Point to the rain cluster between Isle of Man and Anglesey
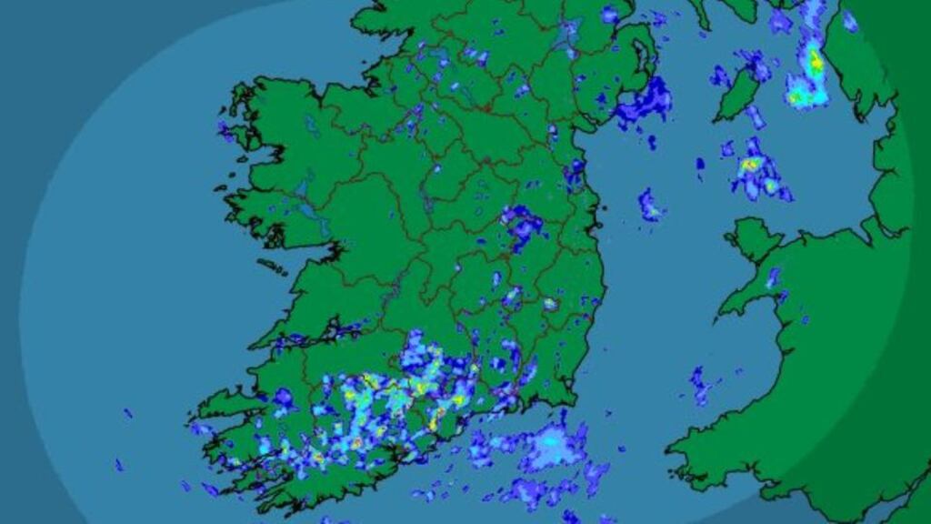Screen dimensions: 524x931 (757, 171)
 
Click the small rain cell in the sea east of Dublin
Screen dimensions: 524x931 (649, 205)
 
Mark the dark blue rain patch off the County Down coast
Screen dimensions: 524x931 (644, 102)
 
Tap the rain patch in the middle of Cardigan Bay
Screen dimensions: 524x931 (700, 384)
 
